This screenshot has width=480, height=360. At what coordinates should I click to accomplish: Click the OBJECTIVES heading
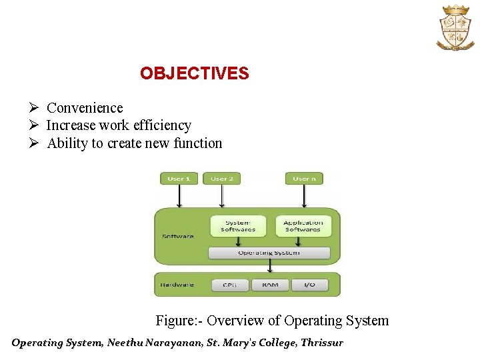click(x=194, y=73)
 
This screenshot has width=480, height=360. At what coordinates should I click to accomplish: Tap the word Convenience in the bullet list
click(x=85, y=108)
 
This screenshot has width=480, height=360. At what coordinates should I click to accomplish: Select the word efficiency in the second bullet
click(x=162, y=125)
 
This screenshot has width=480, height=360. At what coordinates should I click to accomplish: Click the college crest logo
click(x=455, y=27)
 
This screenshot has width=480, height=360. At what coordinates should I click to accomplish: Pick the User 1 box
click(x=179, y=179)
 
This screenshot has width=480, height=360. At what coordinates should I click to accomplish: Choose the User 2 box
click(x=222, y=179)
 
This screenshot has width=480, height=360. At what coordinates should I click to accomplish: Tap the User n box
click(x=304, y=179)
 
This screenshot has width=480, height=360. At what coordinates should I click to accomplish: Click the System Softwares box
click(x=238, y=226)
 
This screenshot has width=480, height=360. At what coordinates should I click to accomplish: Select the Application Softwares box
click(x=303, y=226)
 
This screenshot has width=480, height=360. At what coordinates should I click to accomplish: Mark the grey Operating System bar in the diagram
click(x=269, y=253)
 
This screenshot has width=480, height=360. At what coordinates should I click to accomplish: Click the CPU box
click(x=231, y=285)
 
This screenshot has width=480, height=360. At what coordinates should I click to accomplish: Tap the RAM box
click(x=270, y=285)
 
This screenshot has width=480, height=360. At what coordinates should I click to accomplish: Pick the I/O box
click(x=309, y=285)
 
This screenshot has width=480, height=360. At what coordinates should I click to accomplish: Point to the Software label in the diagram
click(x=178, y=236)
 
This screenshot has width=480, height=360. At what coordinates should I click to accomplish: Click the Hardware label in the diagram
click(x=177, y=285)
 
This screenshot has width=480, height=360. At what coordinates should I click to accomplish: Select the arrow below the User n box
click(x=304, y=197)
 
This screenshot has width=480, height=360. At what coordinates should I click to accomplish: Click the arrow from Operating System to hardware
click(x=269, y=266)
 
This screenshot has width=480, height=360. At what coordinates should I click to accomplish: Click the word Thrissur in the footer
click(x=321, y=343)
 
